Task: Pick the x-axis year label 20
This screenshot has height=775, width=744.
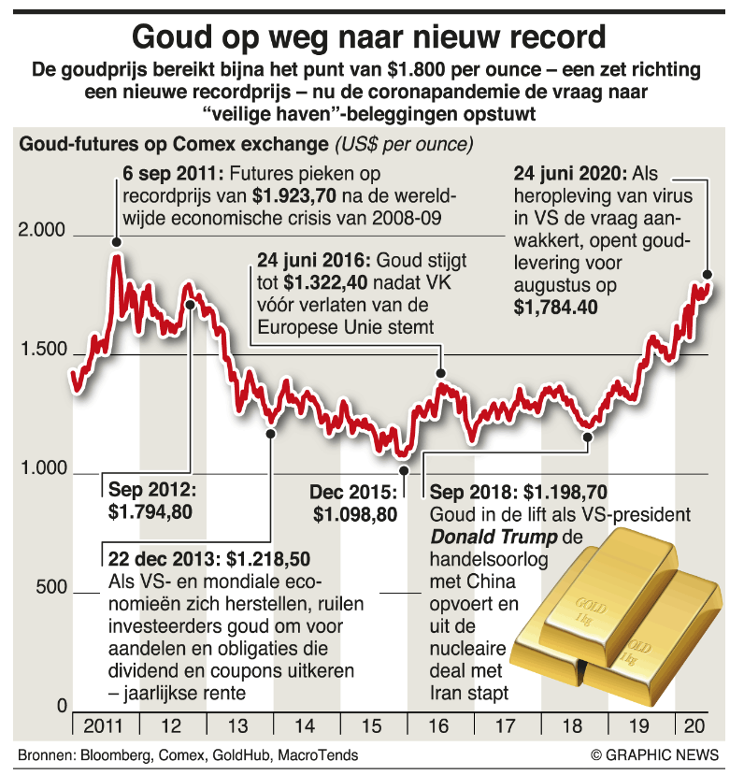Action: click(x=694, y=725)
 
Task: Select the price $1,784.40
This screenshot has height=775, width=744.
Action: click(x=556, y=307)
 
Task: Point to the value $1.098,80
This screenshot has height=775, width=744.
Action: click(x=355, y=513)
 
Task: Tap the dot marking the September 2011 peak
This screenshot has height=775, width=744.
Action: click(x=116, y=242)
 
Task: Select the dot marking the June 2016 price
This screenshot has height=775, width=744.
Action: click(x=440, y=373)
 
